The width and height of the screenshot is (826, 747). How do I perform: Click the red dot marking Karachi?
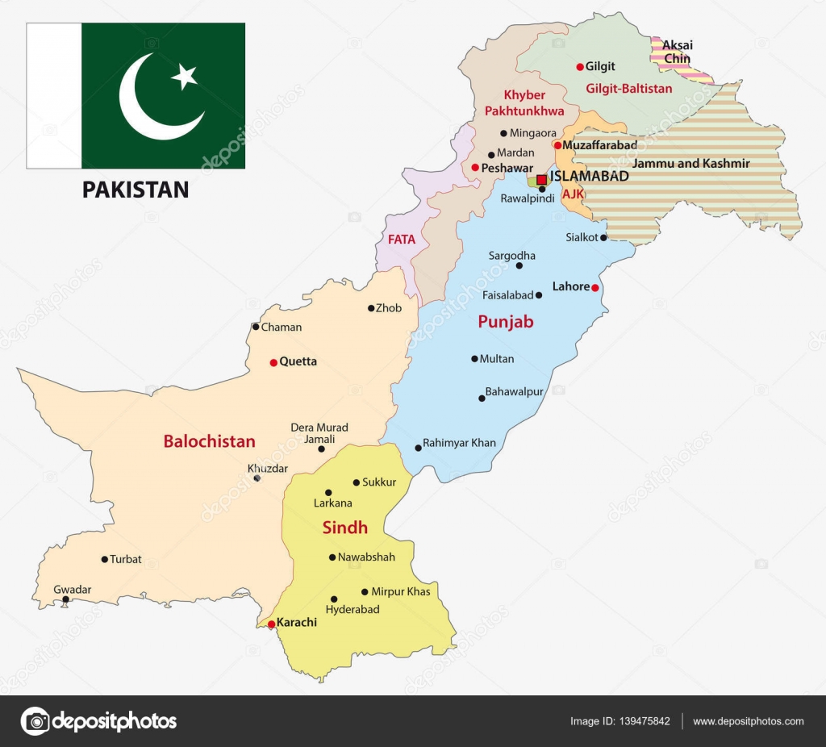point(271,624)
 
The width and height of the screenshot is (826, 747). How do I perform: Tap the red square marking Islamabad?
point(541,180)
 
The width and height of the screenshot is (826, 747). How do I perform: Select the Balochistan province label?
point(209,441)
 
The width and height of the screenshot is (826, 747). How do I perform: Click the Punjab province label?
point(506,322)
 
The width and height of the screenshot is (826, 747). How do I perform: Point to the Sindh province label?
point(345,528)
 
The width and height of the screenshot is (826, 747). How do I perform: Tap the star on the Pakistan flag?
point(186,77)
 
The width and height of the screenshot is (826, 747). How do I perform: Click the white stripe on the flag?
point(54,95)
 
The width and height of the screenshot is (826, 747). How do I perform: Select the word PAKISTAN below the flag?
point(136,190)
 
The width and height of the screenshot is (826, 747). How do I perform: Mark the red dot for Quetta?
point(273,362)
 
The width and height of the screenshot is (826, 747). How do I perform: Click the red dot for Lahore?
point(595,288)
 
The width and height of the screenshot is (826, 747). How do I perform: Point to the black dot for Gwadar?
point(66,599)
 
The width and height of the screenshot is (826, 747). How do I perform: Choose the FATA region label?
point(402,240)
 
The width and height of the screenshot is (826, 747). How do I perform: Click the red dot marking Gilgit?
point(579,67)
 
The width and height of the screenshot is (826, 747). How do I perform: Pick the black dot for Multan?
point(474,359)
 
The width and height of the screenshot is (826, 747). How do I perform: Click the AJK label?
point(573,194)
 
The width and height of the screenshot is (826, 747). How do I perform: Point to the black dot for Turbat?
point(104,559)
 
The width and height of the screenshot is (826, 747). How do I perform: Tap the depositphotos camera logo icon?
point(35,720)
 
